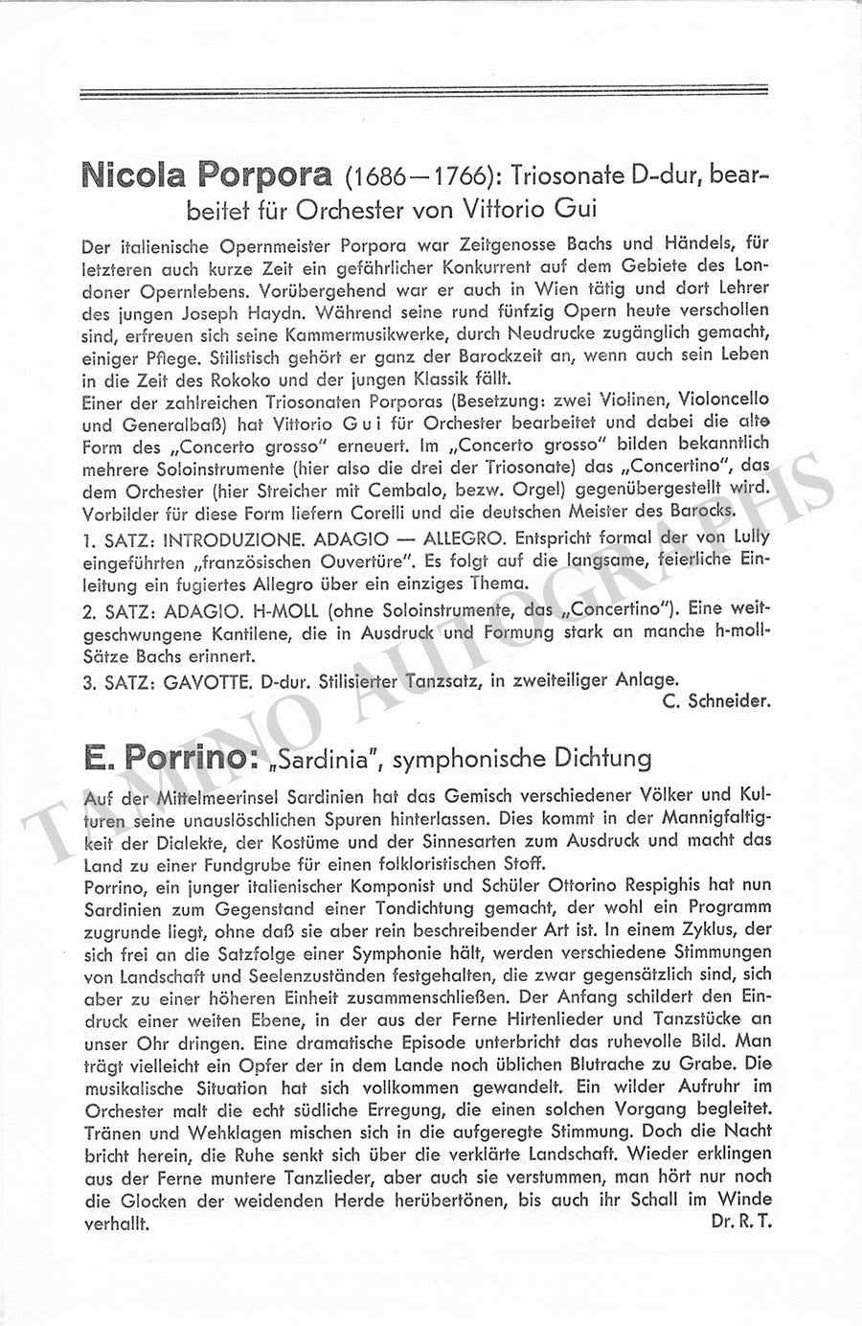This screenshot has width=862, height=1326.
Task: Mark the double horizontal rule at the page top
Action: pyautogui.click(x=424, y=93)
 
